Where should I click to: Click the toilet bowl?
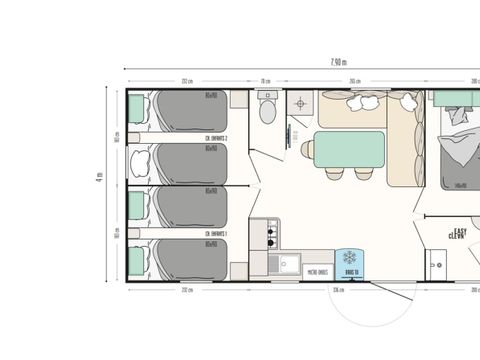266,108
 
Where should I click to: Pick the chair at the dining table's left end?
308,149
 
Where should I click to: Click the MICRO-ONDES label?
318,269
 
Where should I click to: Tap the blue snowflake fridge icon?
351,259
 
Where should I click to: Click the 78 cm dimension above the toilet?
266,82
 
